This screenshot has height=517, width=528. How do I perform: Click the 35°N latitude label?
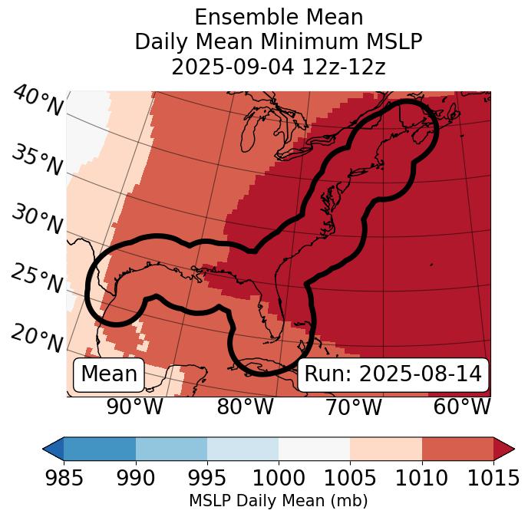coord(37,160)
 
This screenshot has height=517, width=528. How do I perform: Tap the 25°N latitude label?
coord(37,279)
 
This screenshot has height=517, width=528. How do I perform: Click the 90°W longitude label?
coord(135,407)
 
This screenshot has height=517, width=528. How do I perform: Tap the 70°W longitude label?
coord(353,407)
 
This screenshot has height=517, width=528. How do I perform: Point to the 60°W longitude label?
coord(461,407)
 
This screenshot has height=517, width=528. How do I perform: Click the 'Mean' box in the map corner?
coord(109,374)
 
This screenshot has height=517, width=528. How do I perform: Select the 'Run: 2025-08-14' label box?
coord(393,374)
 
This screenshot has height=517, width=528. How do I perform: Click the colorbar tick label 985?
coord(64,478)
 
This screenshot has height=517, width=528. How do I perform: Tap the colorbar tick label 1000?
coord(279,478)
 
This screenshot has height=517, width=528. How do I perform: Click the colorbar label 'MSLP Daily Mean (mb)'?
coord(279,501)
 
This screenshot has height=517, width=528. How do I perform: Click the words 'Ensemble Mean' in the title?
coord(279,17)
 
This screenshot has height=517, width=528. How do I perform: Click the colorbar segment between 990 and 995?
coord(171,449)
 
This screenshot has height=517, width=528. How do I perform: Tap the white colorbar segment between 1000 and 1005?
coord(314,449)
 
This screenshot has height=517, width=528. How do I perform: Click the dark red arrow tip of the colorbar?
coord(504,449)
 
